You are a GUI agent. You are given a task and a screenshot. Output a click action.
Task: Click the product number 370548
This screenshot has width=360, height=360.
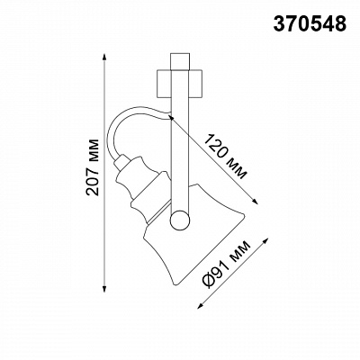point(310,23)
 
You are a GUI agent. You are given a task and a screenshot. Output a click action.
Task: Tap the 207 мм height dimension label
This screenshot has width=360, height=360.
point(92,167)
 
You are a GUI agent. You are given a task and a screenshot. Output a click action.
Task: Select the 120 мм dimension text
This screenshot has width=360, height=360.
point(226,157)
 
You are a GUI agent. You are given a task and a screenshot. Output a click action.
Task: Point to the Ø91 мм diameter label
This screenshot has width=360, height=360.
point(227,265)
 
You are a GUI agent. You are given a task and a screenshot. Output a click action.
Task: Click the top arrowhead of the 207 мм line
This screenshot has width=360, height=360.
point(104,58)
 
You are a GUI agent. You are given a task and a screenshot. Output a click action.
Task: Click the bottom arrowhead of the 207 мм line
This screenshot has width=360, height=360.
point(104,288)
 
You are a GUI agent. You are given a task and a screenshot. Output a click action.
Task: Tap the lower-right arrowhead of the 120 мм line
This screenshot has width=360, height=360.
point(255,201)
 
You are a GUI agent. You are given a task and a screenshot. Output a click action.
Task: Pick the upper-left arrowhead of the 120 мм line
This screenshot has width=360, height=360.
point(171,116)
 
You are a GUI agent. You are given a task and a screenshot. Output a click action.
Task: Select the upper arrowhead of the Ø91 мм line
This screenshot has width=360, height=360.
point(265,242)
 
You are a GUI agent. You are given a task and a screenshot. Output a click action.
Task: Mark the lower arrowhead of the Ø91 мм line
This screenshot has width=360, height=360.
point(201,304)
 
